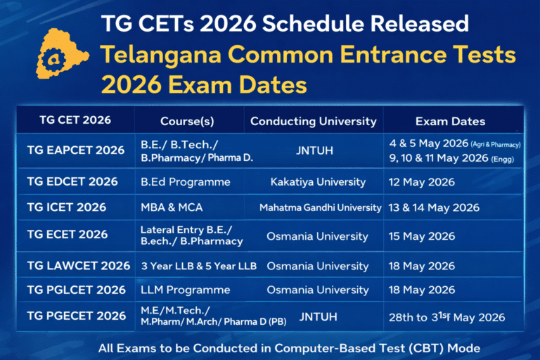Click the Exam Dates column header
[450, 121]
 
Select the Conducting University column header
[313, 121]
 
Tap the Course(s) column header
[187, 121]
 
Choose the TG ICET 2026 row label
[66, 207]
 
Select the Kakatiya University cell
[318, 182]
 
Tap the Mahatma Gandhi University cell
[320, 207]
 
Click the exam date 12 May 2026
[422, 182]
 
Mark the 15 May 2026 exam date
[422, 236]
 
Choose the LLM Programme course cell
[185, 290]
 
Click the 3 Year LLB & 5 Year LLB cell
[198, 266]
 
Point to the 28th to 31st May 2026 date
[446, 317]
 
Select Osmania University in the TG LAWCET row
[317, 266]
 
